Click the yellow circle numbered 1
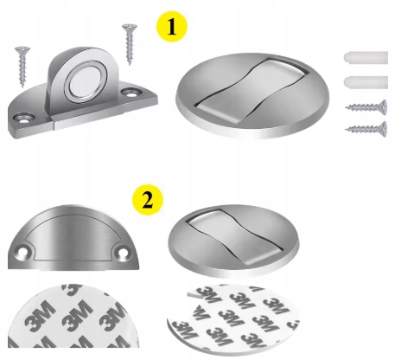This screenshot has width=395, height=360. (172, 27)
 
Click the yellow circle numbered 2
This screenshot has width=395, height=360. (148, 200)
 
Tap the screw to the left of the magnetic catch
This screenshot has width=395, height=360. (22, 66)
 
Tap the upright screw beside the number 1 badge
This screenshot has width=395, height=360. (130, 43)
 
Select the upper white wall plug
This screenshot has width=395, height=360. (366, 58)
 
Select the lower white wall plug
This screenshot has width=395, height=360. (366, 82)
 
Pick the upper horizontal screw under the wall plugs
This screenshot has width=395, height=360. (366, 107)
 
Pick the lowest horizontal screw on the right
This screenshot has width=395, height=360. (366, 129)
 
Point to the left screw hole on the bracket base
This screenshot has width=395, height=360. (24, 118)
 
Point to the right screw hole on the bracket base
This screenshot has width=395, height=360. (131, 93)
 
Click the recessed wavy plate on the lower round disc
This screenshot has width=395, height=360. (233, 235)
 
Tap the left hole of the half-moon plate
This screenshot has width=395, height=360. (22, 252)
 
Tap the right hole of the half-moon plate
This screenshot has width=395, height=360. (123, 252)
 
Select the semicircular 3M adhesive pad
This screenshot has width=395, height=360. (73, 317)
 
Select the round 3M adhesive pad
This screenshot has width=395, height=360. (233, 319)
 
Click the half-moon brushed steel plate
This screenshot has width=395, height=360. (73, 237)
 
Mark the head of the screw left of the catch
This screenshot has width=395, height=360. (22, 49)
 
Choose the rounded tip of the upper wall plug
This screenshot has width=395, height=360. (347, 58)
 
